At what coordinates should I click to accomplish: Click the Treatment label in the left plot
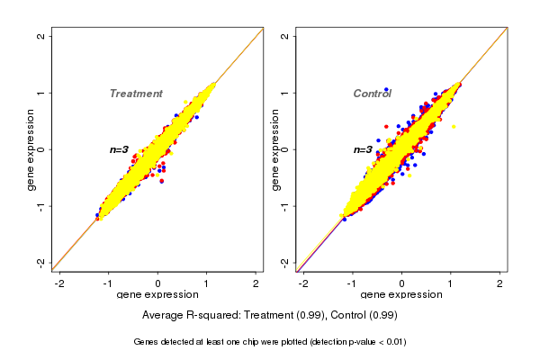(x=136, y=94)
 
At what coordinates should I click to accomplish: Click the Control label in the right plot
(x=372, y=94)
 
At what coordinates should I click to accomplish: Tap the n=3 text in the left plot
(x=120, y=149)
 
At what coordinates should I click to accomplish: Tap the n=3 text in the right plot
(x=364, y=149)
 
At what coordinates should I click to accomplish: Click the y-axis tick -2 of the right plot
(x=285, y=262)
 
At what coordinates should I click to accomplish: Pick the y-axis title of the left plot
(x=31, y=149)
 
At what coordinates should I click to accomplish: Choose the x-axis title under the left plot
(x=157, y=295)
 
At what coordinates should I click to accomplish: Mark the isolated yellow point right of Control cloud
(x=454, y=127)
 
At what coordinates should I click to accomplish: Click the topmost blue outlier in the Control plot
(x=387, y=90)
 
